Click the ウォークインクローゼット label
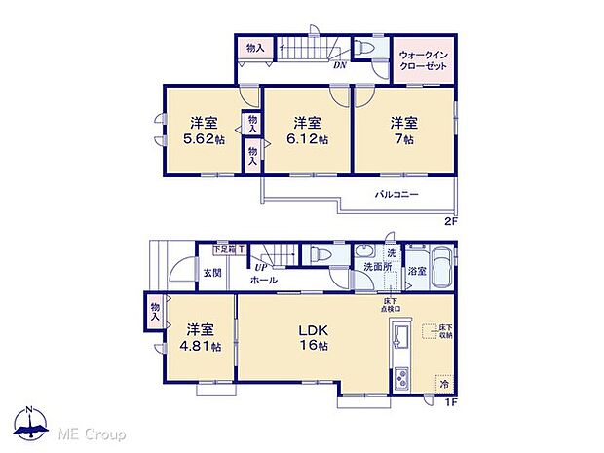[x=423, y=60]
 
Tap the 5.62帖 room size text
[x=203, y=139]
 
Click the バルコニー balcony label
[x=396, y=195]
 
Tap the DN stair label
[x=340, y=66]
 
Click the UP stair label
[x=261, y=267]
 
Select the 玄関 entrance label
[x=212, y=274]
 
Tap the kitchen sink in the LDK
[x=399, y=341]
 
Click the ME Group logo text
[x=92, y=433]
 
